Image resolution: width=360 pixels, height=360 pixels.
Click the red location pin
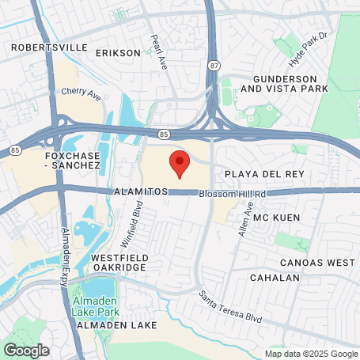[x=180, y=163]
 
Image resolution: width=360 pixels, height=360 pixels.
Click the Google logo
[x=26, y=350]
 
